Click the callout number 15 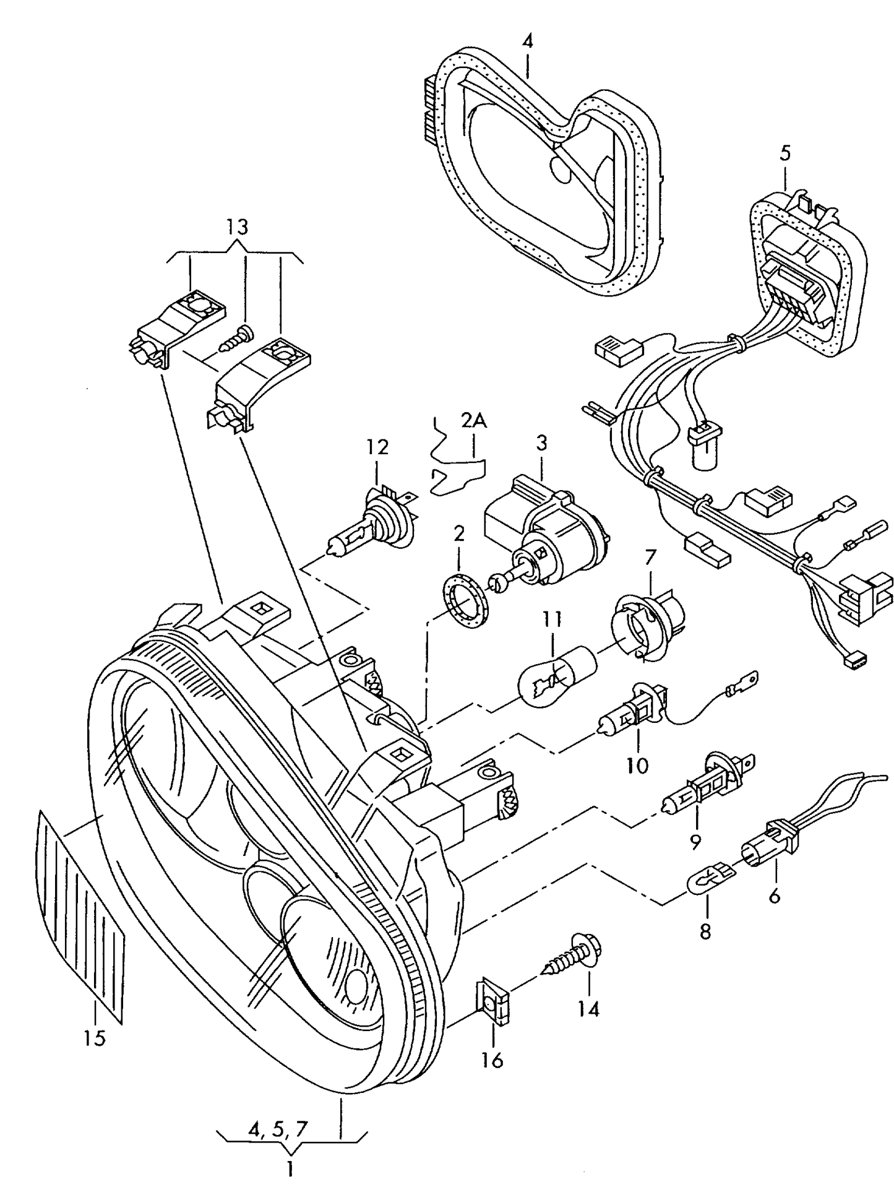tap(95, 1038)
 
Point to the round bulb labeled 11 tap(556, 676)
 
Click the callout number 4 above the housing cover tap(527, 42)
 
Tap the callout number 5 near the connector tap(784, 152)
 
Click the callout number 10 tap(637, 766)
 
